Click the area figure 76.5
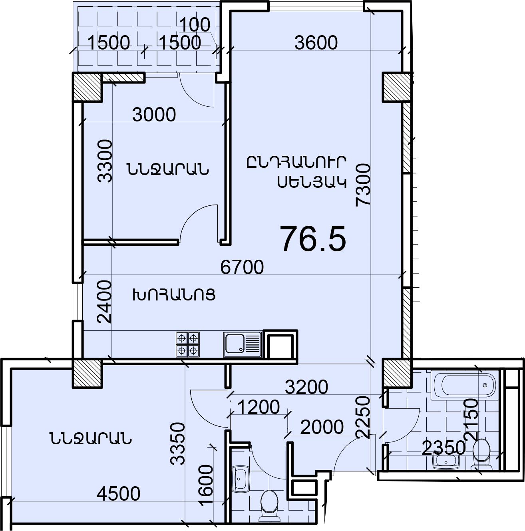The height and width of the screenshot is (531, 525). point(313,239)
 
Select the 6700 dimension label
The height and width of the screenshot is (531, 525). point(242,267)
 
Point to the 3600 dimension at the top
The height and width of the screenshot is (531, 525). point(316,43)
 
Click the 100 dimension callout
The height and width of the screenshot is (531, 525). point(195,25)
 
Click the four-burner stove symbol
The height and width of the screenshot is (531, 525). point(187,344)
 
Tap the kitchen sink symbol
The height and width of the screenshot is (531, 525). point(242,344)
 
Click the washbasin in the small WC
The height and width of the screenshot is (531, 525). point(240,479)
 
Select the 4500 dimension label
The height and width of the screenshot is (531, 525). point(119,493)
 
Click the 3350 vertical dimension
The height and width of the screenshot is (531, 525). point(177,444)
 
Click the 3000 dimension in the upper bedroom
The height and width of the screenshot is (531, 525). point(154,115)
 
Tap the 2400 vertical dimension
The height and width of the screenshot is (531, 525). point(104,302)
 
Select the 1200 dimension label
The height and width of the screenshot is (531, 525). point(258,407)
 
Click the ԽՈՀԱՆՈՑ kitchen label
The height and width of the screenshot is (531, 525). point(174,295)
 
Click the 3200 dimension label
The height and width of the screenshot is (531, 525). point(306,387)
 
